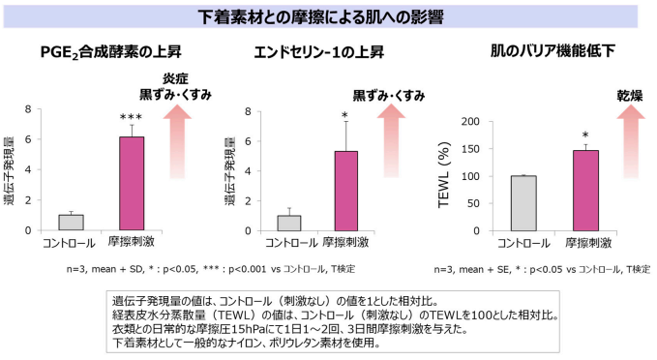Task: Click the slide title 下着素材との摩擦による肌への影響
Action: [328, 16]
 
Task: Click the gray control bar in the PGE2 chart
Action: [72, 223]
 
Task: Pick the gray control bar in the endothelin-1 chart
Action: [289, 223]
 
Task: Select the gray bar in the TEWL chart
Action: [523, 204]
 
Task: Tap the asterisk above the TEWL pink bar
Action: [584, 136]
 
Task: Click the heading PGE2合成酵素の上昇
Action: [109, 52]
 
